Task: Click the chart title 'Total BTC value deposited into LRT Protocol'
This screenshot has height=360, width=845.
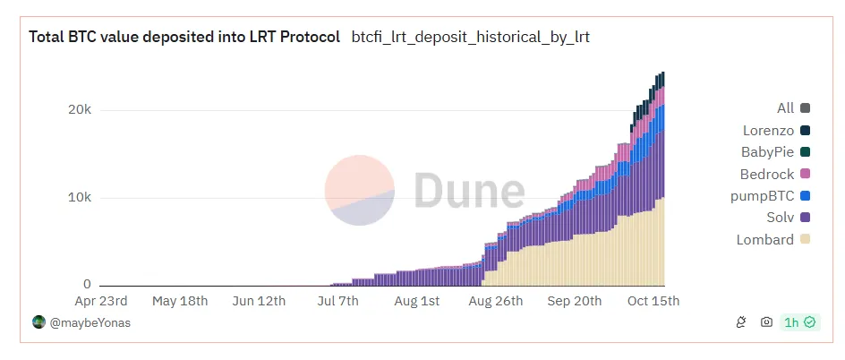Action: click(184, 38)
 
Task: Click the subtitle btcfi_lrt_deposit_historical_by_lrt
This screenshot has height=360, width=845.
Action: click(470, 38)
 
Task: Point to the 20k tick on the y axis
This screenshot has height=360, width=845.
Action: click(80, 109)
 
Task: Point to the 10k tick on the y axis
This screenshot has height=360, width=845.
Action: click(80, 197)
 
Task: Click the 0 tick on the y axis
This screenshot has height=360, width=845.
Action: click(87, 284)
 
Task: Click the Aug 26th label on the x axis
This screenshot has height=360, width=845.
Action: click(495, 301)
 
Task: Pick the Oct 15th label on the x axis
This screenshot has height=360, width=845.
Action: click(652, 301)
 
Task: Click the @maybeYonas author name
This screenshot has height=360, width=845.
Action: click(89, 322)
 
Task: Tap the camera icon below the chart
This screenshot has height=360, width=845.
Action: click(766, 322)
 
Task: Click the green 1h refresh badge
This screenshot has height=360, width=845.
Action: click(799, 322)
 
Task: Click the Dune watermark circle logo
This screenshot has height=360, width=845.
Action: click(359, 190)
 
